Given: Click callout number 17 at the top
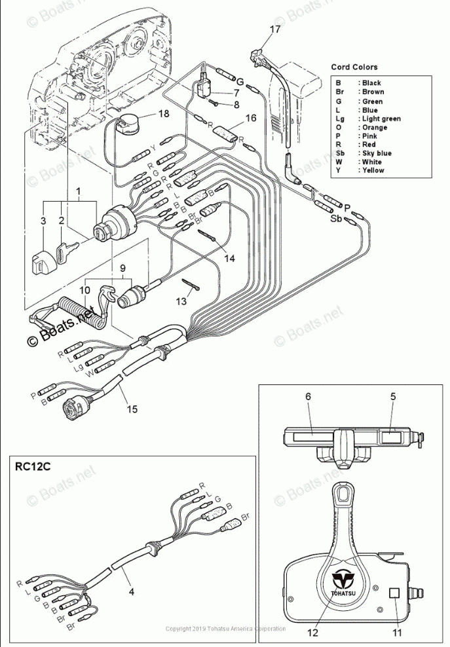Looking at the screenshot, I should click(274, 29).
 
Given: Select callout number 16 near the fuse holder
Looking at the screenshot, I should click(250, 119).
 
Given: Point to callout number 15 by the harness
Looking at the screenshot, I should click(132, 409).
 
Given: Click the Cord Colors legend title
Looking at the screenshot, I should click(354, 67).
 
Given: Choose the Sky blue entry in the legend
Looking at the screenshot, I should click(377, 153).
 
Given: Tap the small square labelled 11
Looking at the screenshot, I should click(395, 593).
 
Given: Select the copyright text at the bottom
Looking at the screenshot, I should click(225, 629).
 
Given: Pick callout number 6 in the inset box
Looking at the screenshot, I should click(307, 396).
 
